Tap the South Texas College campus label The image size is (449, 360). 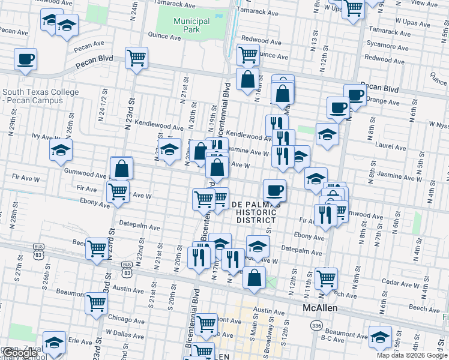[x=40, y=96]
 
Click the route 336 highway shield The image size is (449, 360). [x=316, y=325]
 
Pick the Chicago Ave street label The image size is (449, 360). [x=125, y=319]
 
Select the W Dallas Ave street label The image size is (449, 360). [x=123, y=332]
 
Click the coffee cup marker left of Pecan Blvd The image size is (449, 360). [x=25, y=60]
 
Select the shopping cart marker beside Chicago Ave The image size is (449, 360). [x=95, y=304]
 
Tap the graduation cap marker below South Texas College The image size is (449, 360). [x=61, y=151]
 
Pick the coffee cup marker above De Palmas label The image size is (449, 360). [x=274, y=191]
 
